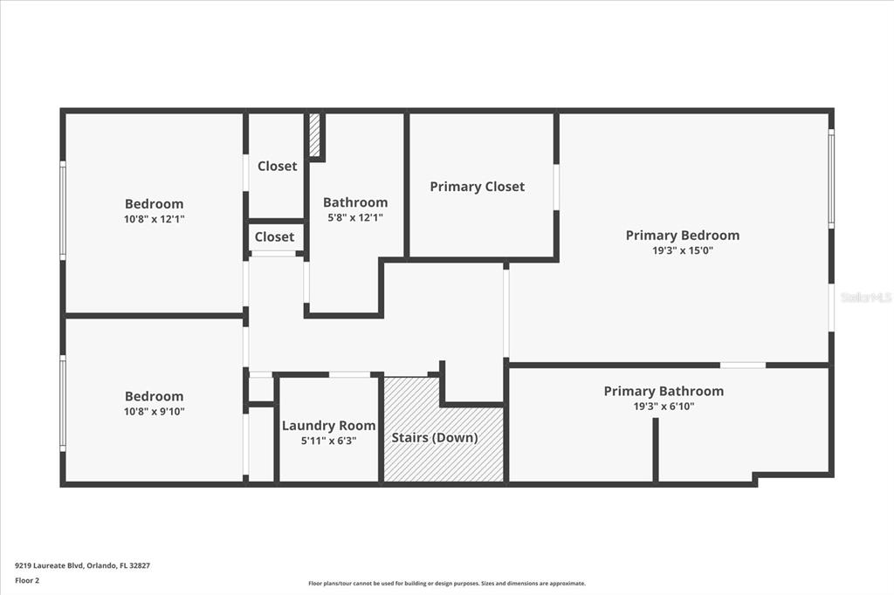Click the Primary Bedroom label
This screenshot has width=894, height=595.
pyautogui.click(x=683, y=236)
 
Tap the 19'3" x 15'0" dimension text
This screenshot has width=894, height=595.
pyautogui.click(x=683, y=250)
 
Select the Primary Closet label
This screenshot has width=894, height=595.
pyautogui.click(x=478, y=187)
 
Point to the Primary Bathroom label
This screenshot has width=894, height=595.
pyautogui.click(x=664, y=391)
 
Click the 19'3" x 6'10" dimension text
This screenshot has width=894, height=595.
pyautogui.click(x=664, y=407)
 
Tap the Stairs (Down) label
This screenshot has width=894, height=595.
pyautogui.click(x=435, y=438)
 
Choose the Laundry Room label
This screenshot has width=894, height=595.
pyautogui.click(x=328, y=426)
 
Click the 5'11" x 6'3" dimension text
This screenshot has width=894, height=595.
pyautogui.click(x=328, y=441)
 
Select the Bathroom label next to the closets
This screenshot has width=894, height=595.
pyautogui.click(x=355, y=202)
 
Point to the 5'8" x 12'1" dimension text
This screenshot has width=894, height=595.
pyautogui.click(x=355, y=217)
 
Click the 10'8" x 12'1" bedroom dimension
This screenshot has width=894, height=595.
pyautogui.click(x=154, y=219)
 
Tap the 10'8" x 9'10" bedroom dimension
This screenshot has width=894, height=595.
pyautogui.click(x=154, y=412)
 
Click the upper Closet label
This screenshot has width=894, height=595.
pyautogui.click(x=277, y=166)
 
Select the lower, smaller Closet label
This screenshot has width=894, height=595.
pyautogui.click(x=274, y=236)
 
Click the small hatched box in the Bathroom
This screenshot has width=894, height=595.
pyautogui.click(x=314, y=134)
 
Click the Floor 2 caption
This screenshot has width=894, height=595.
pyautogui.click(x=27, y=580)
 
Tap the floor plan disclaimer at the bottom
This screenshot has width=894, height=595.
pyautogui.click(x=447, y=583)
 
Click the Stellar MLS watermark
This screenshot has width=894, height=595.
pyautogui.click(x=866, y=297)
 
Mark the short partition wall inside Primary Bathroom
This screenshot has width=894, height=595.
pyautogui.click(x=656, y=449)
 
